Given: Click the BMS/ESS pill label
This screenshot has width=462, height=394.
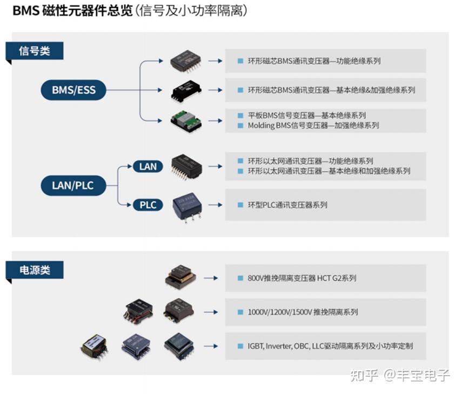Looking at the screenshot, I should click(73, 90).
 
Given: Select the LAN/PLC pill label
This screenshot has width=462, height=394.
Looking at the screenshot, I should click(72, 186).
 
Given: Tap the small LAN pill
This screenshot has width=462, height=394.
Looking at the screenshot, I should click(148, 166).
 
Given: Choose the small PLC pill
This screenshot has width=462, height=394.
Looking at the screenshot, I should click(148, 205).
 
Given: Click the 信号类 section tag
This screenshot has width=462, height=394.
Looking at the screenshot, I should click(35, 51).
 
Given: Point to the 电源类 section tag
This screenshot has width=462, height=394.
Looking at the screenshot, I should click(35, 270).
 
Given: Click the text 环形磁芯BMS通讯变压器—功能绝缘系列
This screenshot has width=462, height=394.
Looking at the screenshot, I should click(314, 61).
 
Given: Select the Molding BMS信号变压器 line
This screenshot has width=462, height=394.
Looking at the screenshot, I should click(313, 125).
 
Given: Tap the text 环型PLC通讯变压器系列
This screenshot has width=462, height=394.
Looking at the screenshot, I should click(287, 205).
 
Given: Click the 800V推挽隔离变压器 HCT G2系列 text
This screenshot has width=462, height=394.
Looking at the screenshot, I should click(302, 278).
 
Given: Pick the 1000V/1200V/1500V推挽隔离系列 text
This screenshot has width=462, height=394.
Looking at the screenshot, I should click(303, 312).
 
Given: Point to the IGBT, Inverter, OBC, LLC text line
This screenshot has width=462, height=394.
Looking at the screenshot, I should click(330, 346).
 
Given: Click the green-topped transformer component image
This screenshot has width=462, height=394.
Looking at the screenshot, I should click(185, 120).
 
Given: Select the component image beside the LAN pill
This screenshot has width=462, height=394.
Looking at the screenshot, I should click(186, 164).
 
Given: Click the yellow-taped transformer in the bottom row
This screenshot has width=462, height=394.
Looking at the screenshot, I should click(95, 345).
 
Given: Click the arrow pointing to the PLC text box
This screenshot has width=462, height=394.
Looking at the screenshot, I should click(215, 205).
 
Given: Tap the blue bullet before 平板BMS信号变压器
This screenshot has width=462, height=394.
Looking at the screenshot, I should click(240, 116).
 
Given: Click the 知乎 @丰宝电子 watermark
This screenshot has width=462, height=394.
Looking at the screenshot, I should click(400, 375).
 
